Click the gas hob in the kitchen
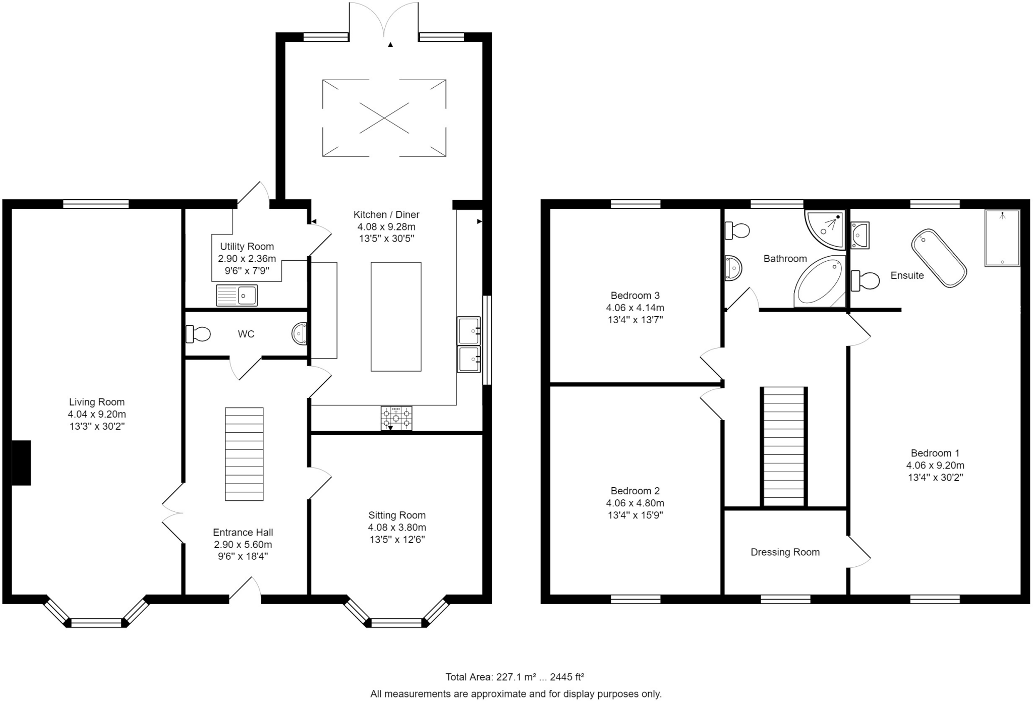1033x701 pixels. click(396, 418)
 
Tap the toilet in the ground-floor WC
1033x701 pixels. click(198, 334)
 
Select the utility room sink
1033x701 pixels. click(237, 295)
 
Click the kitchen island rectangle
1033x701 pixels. click(396, 317)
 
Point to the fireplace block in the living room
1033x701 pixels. click(21, 463)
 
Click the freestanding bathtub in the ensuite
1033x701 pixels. click(939, 259)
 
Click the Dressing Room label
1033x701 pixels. click(785, 552)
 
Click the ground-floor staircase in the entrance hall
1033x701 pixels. click(244, 454)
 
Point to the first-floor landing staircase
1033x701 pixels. click(783, 446)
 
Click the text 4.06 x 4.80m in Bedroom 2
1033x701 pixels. click(635, 503)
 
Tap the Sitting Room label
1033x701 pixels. click(397, 515)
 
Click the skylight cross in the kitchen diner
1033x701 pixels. click(384, 118)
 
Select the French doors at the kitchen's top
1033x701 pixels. click(384, 20)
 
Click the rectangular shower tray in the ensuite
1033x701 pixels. click(1002, 238)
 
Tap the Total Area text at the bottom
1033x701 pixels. click(514, 677)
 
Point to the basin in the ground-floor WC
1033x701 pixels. click(300, 334)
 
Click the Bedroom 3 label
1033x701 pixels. click(635, 296)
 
